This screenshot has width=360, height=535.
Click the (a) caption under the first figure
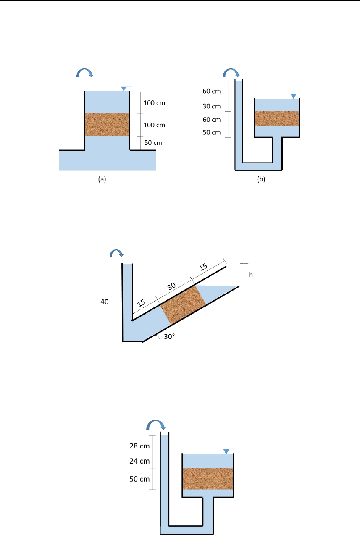pos(102,179)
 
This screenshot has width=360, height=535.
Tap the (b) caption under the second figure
pos(261,179)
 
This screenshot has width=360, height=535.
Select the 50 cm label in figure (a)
pos(153,143)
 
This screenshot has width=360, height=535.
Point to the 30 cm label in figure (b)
pos(212,106)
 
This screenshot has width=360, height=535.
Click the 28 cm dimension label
pos(139,446)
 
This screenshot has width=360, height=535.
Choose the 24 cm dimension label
pos(139,461)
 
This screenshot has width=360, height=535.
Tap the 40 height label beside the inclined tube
pos(105,302)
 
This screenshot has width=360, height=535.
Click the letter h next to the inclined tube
pos(251,275)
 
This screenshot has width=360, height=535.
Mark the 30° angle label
pos(169,336)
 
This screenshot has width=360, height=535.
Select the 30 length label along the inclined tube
pos(171,286)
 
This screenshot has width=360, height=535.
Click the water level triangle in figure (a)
pos(124,89)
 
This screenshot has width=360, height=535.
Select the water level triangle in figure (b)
pos(293,97)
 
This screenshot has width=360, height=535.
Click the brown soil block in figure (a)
pos(107,125)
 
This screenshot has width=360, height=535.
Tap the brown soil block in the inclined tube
pos(183,305)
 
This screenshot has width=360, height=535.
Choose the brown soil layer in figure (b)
pos(277,118)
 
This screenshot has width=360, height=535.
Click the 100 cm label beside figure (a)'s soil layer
pos(154,125)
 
